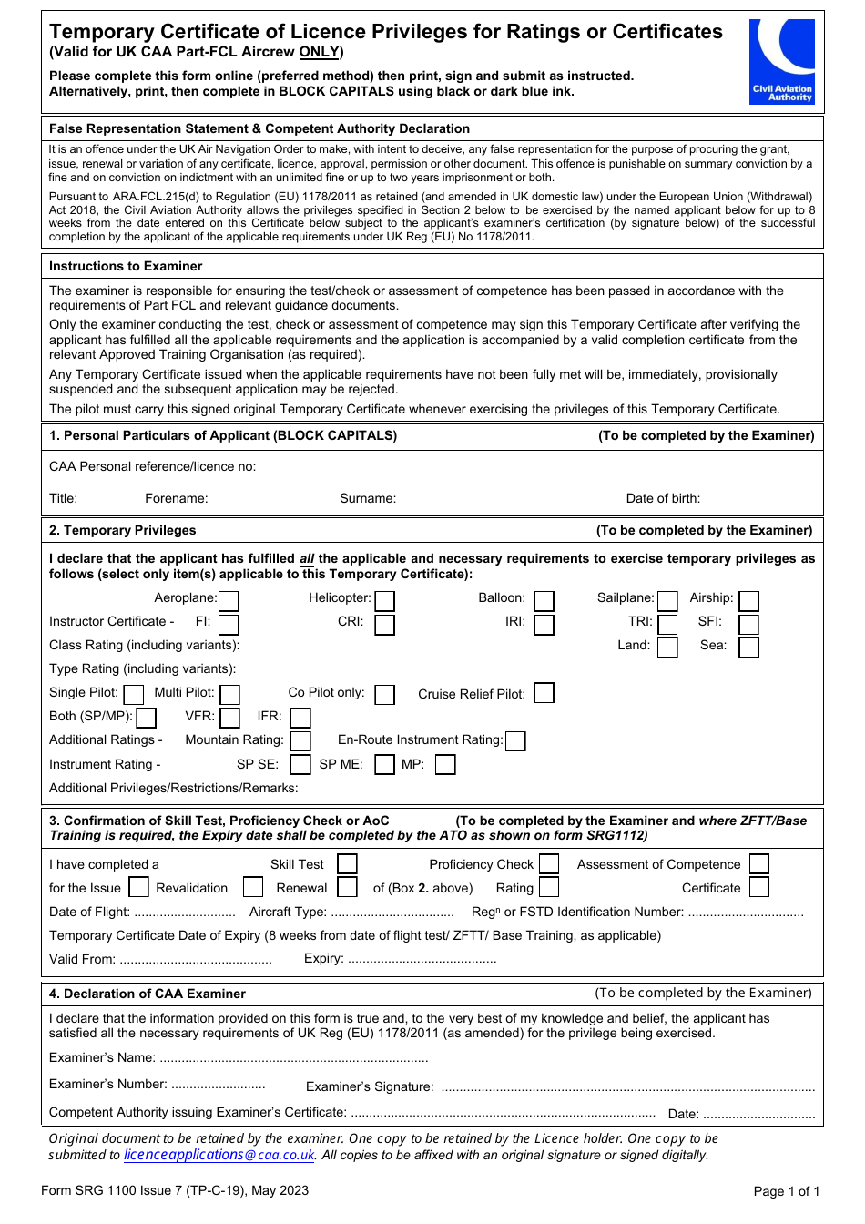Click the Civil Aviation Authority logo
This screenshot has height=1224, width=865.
(x=782, y=61)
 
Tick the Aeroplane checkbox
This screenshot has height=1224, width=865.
(x=229, y=600)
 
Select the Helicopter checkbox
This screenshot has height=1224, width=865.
(x=385, y=600)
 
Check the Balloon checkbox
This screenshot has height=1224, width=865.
(x=544, y=600)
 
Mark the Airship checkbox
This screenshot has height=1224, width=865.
(x=748, y=600)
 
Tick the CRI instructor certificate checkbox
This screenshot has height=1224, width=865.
(x=385, y=624)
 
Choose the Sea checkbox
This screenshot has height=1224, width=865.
(x=748, y=647)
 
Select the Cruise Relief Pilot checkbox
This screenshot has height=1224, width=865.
(x=544, y=693)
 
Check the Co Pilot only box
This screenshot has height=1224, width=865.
(x=385, y=694)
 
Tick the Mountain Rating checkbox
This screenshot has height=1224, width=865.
(x=300, y=741)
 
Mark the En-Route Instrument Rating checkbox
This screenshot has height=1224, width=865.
(x=515, y=741)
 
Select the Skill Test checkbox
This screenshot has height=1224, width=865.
(x=347, y=863)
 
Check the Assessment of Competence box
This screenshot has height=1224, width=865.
(x=759, y=863)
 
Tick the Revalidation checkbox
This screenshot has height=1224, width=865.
(x=253, y=887)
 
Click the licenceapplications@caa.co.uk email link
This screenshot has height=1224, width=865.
(x=219, y=1155)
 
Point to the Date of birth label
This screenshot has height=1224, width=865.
(x=663, y=498)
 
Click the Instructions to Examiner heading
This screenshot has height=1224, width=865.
(x=126, y=266)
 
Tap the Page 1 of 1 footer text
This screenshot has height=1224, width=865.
(x=786, y=1191)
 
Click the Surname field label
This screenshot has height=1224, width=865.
(x=368, y=498)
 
